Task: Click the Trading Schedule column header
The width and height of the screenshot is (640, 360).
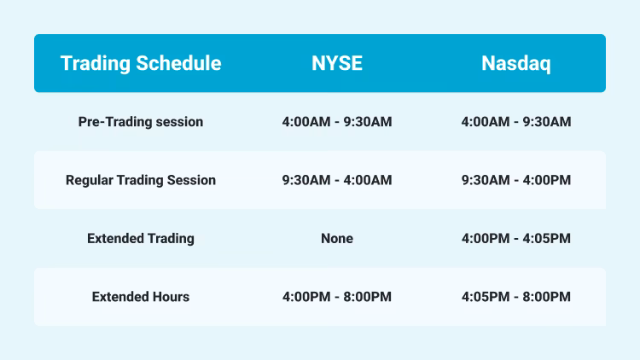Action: [x=141, y=64]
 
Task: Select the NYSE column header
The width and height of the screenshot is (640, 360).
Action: [x=336, y=64]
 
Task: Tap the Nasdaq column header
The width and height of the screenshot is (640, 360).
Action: [x=515, y=64]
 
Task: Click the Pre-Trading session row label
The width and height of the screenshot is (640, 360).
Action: [x=141, y=122]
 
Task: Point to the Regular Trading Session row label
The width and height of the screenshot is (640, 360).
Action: [x=141, y=180]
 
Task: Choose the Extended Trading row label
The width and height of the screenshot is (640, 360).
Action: [x=141, y=239]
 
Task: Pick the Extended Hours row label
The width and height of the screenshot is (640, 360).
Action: [x=141, y=297]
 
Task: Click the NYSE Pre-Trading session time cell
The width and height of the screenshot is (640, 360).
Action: [x=336, y=122]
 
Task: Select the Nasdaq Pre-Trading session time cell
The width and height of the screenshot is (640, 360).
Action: [x=515, y=122]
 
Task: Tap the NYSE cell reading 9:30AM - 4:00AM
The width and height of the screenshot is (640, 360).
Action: [x=336, y=180]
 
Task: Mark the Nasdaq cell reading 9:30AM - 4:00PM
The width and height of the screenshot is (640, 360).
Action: [x=515, y=180]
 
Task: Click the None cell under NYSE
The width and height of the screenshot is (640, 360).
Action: [x=336, y=239]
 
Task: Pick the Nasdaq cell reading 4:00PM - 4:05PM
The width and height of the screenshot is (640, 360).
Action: [x=515, y=239]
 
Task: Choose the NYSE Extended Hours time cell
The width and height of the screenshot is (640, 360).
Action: [x=336, y=297]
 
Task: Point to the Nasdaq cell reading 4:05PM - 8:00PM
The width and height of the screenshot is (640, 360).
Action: [x=515, y=297]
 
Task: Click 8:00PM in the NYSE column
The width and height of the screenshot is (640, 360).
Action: [x=368, y=297]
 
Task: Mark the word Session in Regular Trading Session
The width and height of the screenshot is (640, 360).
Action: [x=191, y=180]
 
